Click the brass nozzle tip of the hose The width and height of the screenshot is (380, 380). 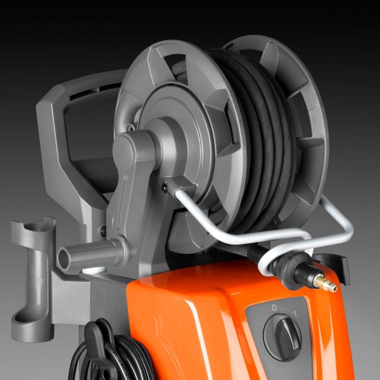pyautogui.click(x=325, y=282)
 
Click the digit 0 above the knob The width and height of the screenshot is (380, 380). pyautogui.click(x=274, y=308)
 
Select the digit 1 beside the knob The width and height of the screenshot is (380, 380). pyautogui.click(x=295, y=313)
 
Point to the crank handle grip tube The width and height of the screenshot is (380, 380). pyautogui.click(x=90, y=254)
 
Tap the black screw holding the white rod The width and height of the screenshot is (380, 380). pyautogui.click(x=165, y=187)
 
